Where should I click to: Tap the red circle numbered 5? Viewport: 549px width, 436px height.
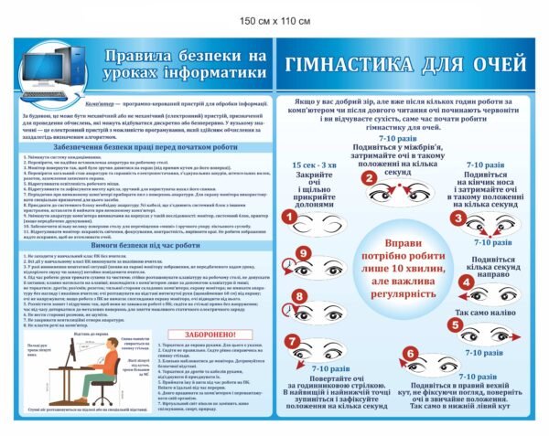[x=464, y=330]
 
